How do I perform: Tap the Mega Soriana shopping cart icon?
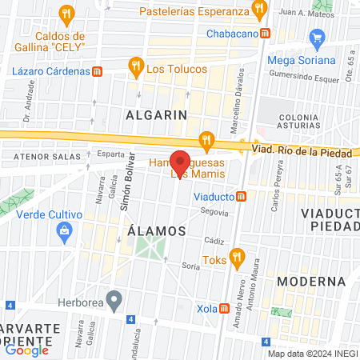[317, 37]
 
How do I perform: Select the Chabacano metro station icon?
[265, 34]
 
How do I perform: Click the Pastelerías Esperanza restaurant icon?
[258, 10]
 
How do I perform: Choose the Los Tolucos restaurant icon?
[136, 67]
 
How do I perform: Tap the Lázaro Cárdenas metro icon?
[97, 70]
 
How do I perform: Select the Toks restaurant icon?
[236, 258]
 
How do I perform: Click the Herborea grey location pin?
[115, 302]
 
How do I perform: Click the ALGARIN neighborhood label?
[156, 114]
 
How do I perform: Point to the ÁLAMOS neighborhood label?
[157, 230]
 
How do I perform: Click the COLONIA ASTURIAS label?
[298, 122]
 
